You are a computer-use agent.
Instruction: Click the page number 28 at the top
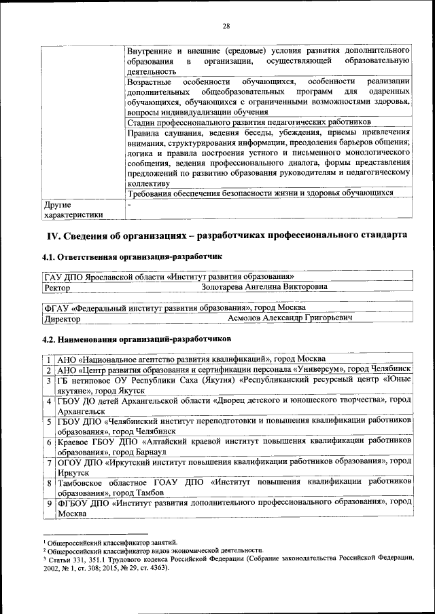pyautogui.click(x=226, y=26)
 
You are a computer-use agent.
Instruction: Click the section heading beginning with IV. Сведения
pyautogui.click(x=226, y=235)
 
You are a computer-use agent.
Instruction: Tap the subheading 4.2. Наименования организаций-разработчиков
pyautogui.click(x=137, y=337)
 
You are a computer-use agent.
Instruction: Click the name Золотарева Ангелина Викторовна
pyautogui.click(x=264, y=287)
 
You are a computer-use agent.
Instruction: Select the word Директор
pyautogui.click(x=62, y=319)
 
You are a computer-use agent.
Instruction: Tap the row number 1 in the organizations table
pyautogui.click(x=50, y=359)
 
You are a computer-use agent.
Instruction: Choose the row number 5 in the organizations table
pyautogui.click(x=50, y=421)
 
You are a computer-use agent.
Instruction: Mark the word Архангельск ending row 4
pyautogui.click(x=81, y=410)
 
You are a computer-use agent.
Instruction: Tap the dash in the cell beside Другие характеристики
pyautogui.click(x=128, y=204)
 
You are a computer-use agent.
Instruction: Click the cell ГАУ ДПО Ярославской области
pyautogui.click(x=169, y=277)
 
